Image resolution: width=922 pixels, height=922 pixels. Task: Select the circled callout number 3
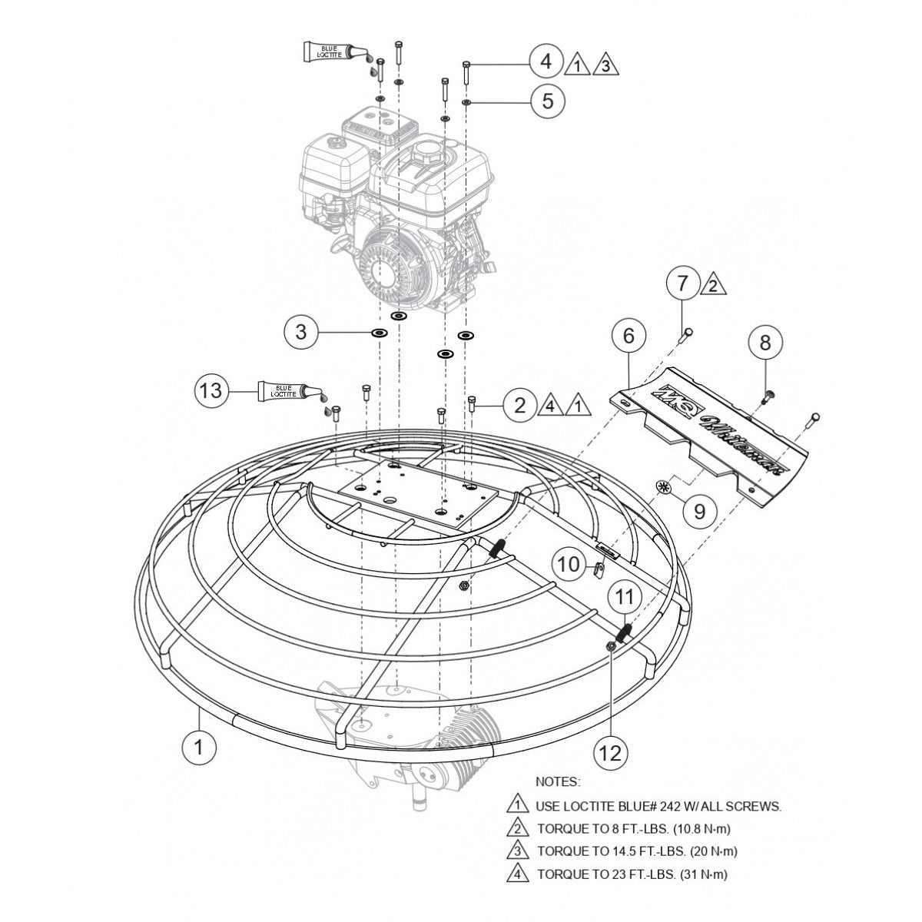[301, 333]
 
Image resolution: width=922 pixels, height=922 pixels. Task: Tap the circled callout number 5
[547, 101]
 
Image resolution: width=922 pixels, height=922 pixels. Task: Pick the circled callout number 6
[628, 335]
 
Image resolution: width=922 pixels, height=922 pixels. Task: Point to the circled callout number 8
[764, 343]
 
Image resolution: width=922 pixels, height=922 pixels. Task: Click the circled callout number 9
[699, 511]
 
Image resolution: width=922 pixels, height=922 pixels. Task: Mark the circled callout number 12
[610, 754]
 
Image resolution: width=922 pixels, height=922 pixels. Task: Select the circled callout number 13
[210, 390]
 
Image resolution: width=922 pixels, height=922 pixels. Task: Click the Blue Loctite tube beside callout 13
[286, 390]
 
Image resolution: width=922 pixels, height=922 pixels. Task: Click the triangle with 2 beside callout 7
[712, 286]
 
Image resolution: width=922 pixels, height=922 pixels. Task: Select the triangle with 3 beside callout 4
[605, 65]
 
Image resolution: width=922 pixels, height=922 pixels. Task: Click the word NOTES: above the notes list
[558, 781]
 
